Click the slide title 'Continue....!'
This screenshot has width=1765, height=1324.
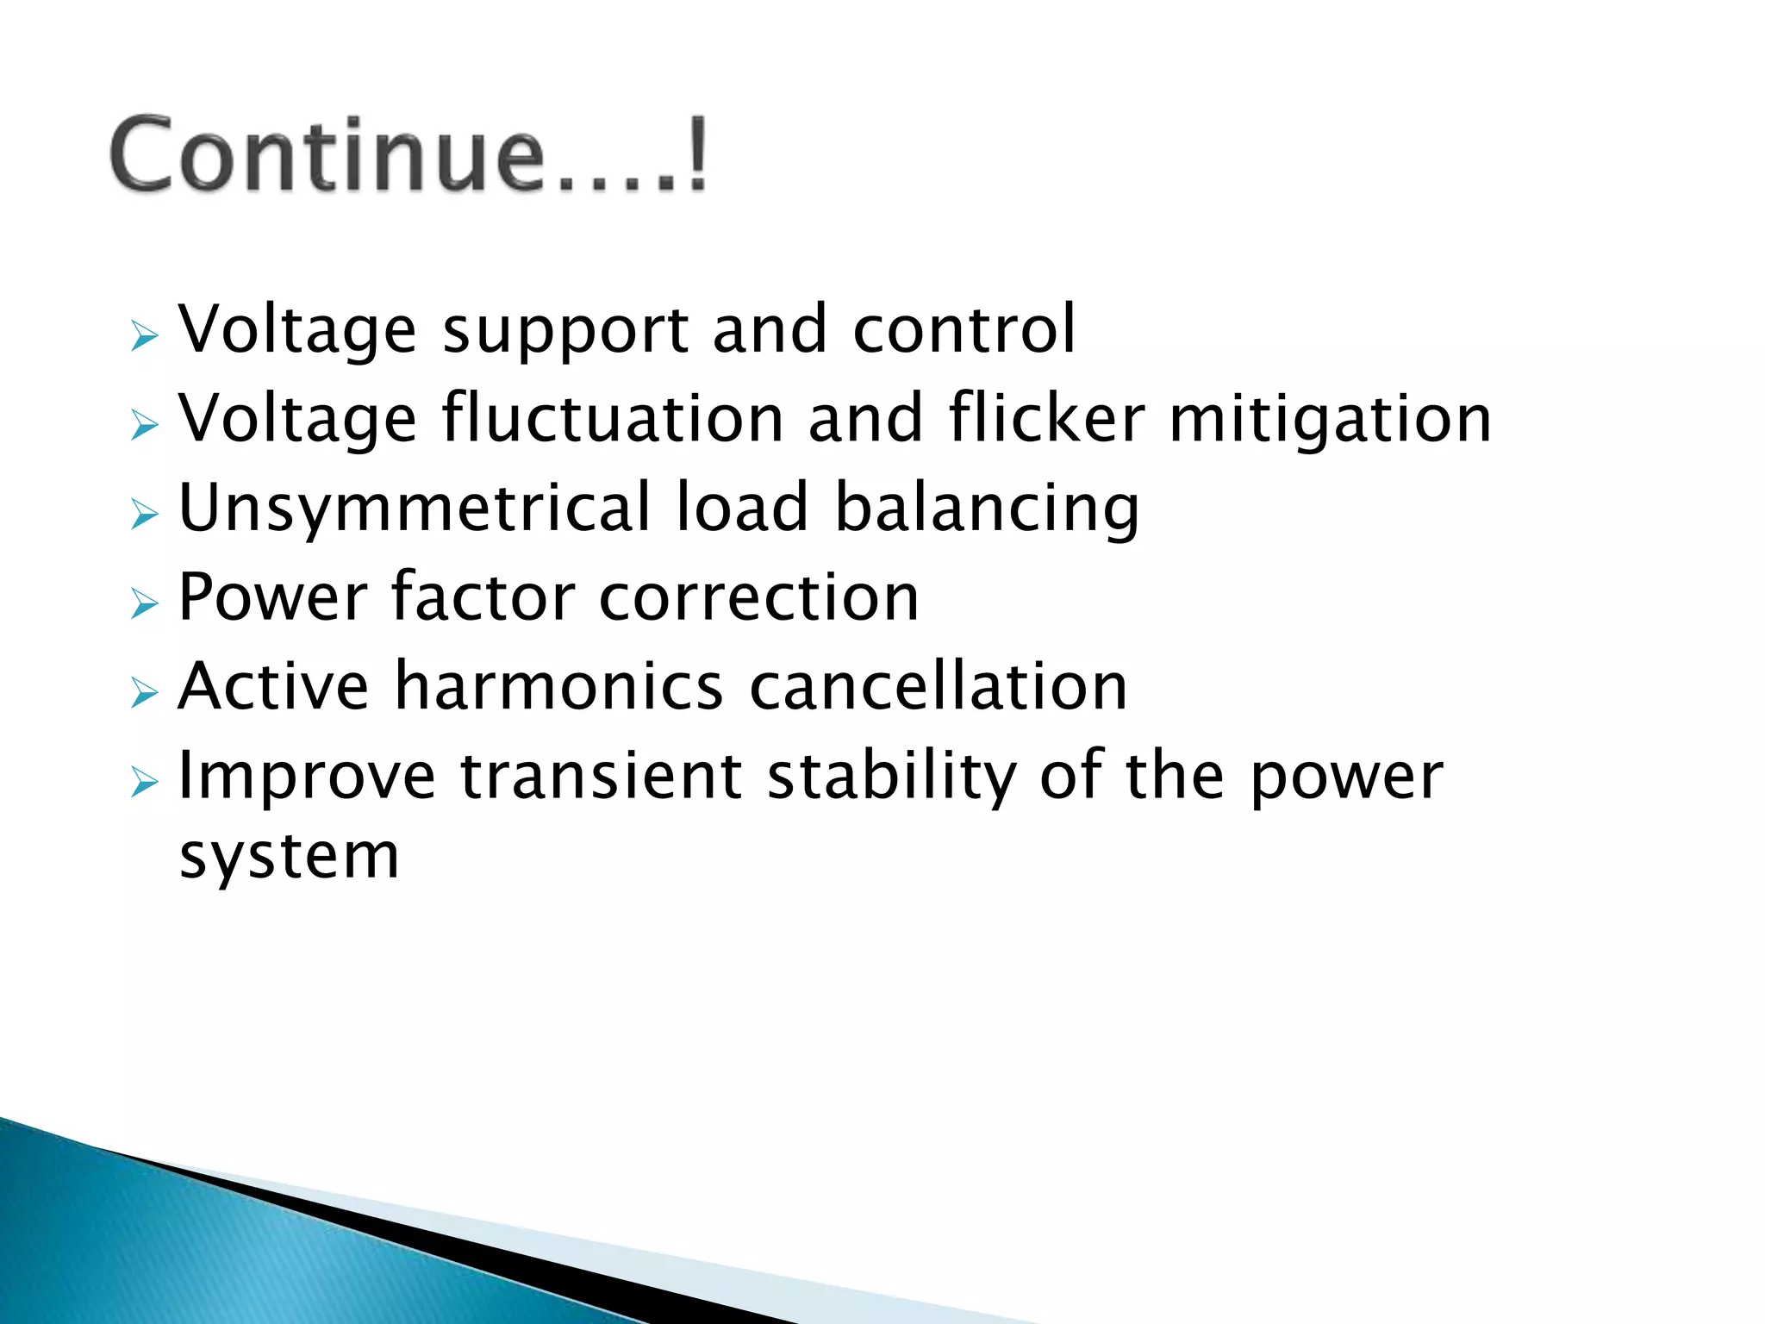point(409,155)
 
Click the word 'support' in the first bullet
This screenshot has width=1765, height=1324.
point(565,331)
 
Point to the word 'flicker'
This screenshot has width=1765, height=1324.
point(1047,419)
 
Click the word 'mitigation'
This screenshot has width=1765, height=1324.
point(1330,421)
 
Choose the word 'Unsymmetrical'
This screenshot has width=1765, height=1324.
point(415,509)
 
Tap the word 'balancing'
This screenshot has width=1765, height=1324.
point(987,509)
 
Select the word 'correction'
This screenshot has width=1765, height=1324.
point(759,598)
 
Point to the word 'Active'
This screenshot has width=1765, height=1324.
point(274,686)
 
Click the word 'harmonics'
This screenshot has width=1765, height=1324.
point(558,686)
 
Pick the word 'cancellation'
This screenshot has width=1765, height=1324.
point(939,686)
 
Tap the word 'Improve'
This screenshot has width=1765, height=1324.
point(307,777)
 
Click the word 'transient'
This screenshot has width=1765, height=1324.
point(601,776)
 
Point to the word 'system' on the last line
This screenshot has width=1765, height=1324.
point(289,857)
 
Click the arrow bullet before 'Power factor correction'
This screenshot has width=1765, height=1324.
point(145,604)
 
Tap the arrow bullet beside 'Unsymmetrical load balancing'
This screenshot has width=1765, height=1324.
point(145,515)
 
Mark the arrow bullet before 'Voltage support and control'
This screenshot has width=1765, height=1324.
point(145,336)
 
